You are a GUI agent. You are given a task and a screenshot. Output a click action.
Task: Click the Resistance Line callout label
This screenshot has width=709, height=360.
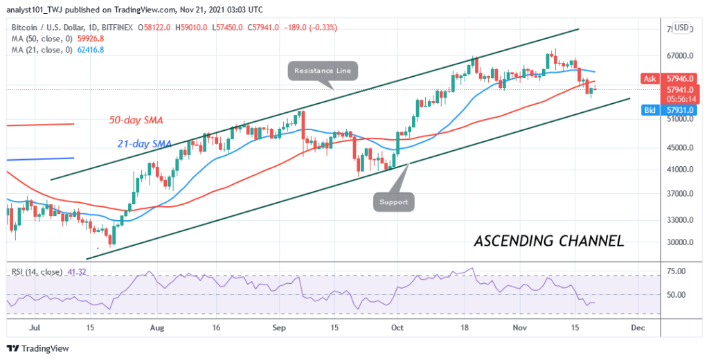click(x=323, y=70)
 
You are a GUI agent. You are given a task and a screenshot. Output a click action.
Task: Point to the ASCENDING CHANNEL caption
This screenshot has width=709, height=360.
click(x=548, y=242)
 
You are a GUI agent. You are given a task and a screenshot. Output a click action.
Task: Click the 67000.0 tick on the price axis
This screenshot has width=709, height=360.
click(x=675, y=56)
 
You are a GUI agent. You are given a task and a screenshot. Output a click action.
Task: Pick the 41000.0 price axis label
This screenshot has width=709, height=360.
click(x=675, y=170)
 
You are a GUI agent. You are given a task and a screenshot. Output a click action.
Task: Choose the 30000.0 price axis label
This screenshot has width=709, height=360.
click(x=675, y=243)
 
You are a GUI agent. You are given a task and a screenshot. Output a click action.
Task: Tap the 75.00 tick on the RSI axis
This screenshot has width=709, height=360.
click(x=676, y=271)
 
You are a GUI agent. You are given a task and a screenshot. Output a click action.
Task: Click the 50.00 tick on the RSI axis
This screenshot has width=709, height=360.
click(x=676, y=295)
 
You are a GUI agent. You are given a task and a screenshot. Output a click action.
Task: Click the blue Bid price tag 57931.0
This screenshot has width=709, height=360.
click(x=675, y=109)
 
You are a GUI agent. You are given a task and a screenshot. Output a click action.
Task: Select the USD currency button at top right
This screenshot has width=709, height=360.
click(x=681, y=28)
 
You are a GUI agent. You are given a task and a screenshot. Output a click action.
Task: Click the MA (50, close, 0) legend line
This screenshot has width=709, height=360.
click(x=55, y=38)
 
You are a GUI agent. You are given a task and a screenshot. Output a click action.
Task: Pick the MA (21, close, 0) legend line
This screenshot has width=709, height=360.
click(x=55, y=49)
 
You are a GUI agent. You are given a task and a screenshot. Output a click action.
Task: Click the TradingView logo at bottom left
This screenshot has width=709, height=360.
click(x=36, y=348)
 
